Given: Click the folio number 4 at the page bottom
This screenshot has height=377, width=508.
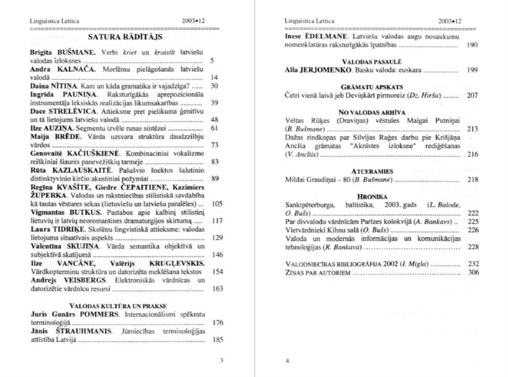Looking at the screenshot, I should coord(287,361).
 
